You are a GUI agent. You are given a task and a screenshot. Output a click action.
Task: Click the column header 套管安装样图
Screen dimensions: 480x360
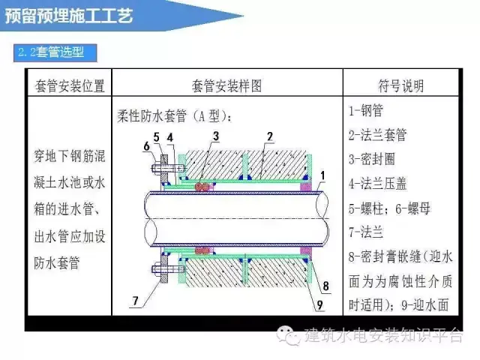coord(226,84)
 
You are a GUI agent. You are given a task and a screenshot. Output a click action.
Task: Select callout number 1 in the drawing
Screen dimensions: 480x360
coord(321,176)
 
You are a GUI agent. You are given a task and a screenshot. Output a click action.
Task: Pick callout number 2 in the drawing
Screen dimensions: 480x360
coord(268,136)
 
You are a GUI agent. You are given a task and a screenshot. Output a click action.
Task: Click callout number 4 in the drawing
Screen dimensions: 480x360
coord(170,136)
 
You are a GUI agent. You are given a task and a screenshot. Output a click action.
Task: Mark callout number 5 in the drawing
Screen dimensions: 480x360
coord(156,136)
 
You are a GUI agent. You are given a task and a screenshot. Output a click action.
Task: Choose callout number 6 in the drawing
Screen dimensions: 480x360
coord(148,145)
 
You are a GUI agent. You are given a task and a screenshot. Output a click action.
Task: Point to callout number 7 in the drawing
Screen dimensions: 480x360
coord(135,301)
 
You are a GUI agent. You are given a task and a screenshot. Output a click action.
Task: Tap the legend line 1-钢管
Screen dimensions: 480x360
coord(366,112)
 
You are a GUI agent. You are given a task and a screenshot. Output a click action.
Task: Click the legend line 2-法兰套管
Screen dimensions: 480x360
coord(378,136)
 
